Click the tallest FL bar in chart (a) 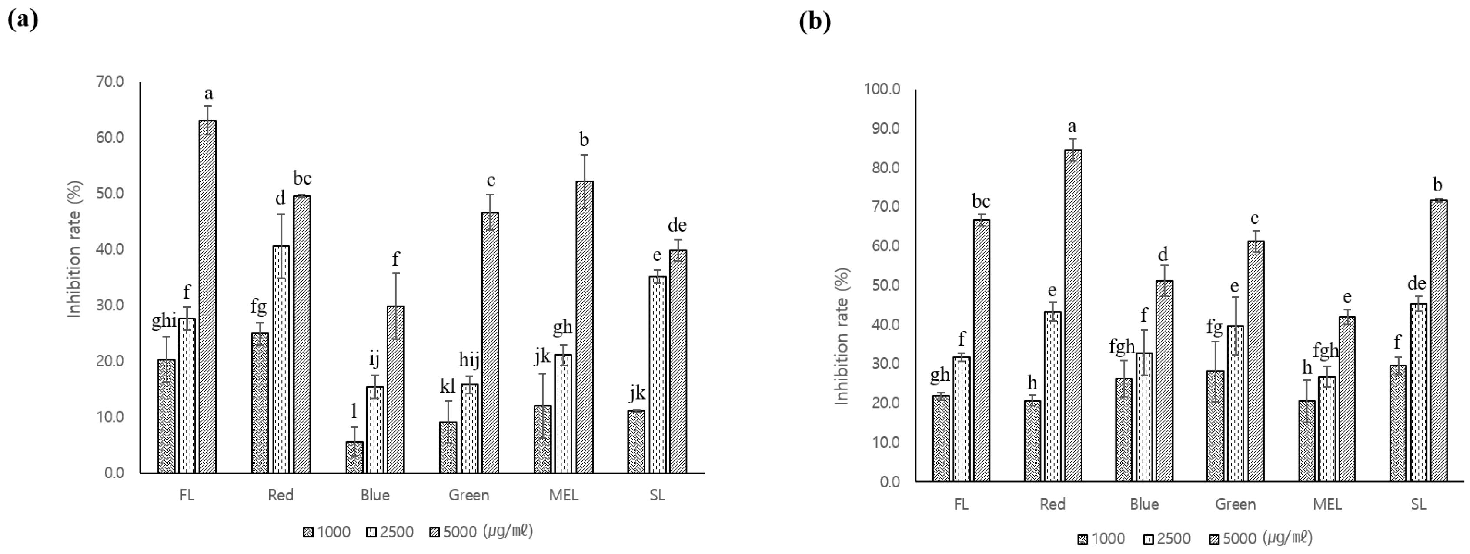point(207,297)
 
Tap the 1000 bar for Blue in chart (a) point(354,457)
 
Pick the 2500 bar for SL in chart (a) point(658,375)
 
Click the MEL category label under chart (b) point(1327,504)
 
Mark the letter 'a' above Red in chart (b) point(1072,126)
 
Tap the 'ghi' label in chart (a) point(164,321)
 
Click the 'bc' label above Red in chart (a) point(302,179)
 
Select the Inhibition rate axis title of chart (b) point(842,336)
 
